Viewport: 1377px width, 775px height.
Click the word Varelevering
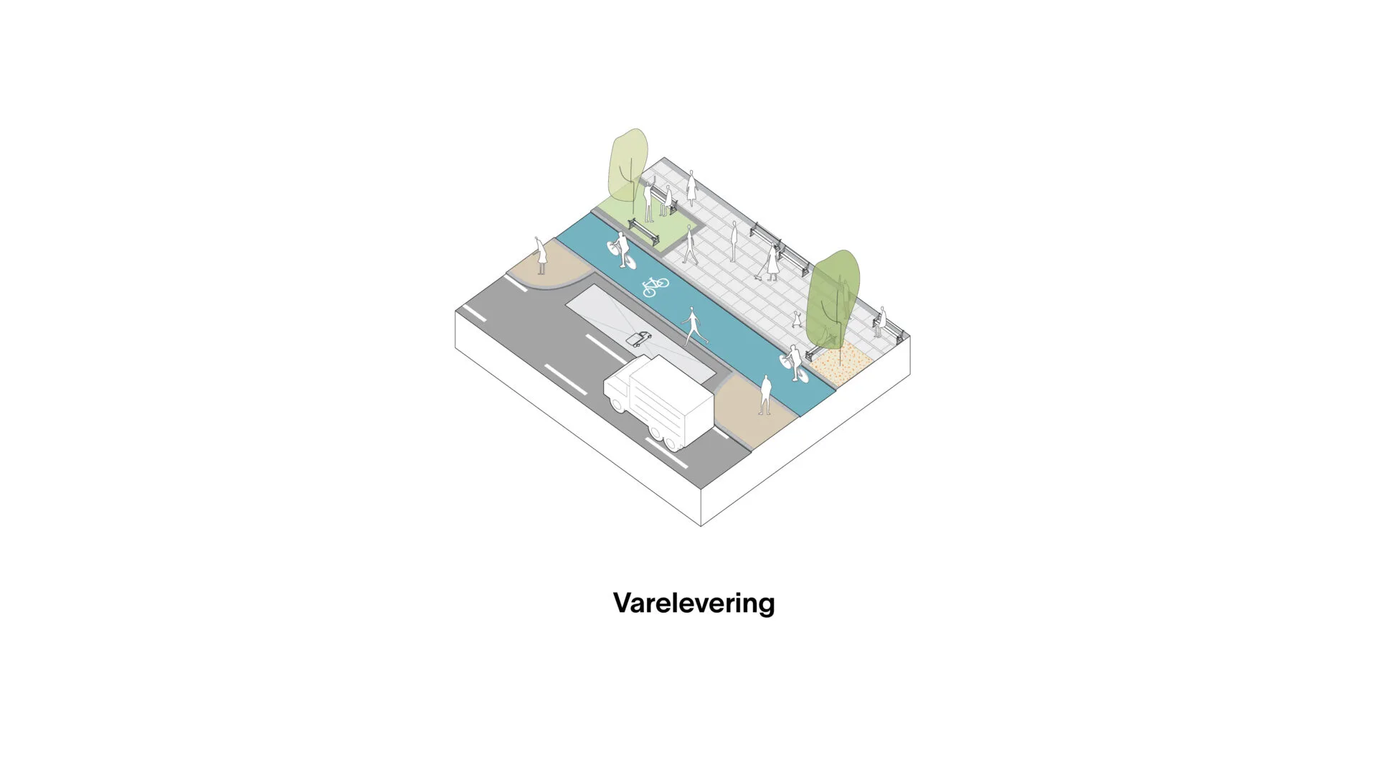pyautogui.click(x=694, y=603)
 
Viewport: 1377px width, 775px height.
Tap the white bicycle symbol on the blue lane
pyautogui.click(x=655, y=286)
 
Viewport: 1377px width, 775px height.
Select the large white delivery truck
pyautogui.click(x=659, y=402)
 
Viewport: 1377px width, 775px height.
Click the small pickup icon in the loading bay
pyautogui.click(x=638, y=339)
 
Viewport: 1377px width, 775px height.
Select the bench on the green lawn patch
pyautogui.click(x=644, y=230)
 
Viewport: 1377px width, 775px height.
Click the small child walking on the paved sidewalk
pyautogui.click(x=796, y=319)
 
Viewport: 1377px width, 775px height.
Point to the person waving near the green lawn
pyautogui.click(x=649, y=199)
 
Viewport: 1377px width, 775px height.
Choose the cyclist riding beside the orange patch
pyautogui.click(x=794, y=362)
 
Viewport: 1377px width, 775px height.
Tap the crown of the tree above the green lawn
pyautogui.click(x=628, y=164)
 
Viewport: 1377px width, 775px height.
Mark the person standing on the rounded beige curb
pyautogui.click(x=540, y=255)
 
